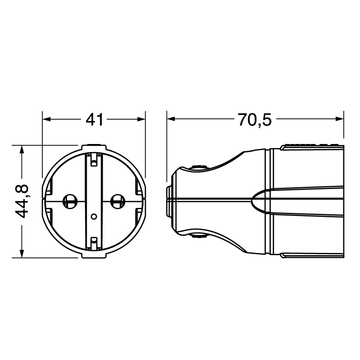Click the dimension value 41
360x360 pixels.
click(95, 120)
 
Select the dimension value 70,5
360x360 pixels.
click(255, 120)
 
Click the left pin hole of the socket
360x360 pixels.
click(69, 201)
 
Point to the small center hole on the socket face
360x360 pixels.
click(94, 216)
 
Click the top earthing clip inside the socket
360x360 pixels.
click(94, 160)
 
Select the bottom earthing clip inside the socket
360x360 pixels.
click(94, 243)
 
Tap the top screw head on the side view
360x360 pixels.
click(198, 167)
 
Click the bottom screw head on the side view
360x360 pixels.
click(198, 235)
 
